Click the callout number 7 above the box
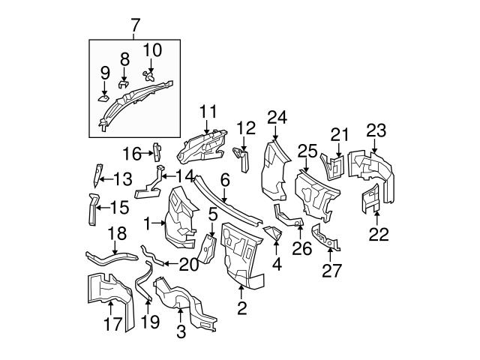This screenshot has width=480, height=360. coord(135,26)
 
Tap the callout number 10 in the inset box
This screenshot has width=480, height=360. coord(152,50)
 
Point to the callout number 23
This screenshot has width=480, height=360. coord(376,130)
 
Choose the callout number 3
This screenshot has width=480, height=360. coord(180,331)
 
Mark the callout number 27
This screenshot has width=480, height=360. coord(331,269)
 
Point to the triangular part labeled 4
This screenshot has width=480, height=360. coord(274,235)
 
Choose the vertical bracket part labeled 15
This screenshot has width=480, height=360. coord(90,208)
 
